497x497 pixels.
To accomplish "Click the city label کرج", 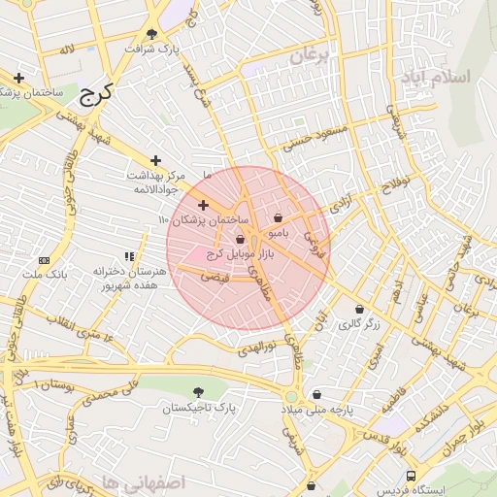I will coord(95,93).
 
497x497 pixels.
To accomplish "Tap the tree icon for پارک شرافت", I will coord(150,34).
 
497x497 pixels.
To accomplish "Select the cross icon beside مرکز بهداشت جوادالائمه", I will coord(154,160).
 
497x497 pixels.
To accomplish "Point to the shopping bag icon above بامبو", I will coord(280,218).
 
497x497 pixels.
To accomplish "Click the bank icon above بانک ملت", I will coord(44,260).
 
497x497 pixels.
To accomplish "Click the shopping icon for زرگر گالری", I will coord(360,309).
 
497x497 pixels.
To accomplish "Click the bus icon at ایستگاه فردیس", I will coord(412,477).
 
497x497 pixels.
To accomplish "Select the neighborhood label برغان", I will coord(310,56).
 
